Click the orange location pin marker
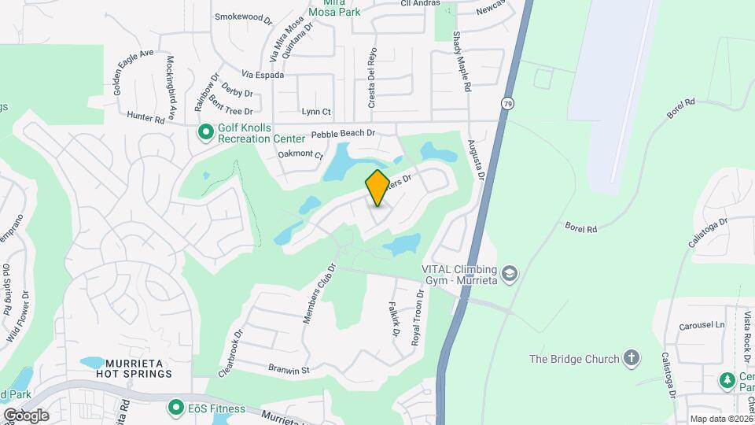(x=377, y=187)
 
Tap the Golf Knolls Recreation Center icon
(x=205, y=132)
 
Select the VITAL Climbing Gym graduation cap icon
(x=510, y=272)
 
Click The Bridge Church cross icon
(x=630, y=359)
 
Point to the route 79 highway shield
(x=509, y=103)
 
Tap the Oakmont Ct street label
(x=300, y=155)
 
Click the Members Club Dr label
(x=319, y=293)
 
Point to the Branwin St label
(x=289, y=369)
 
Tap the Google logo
(x=26, y=415)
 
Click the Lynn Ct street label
(x=316, y=113)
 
